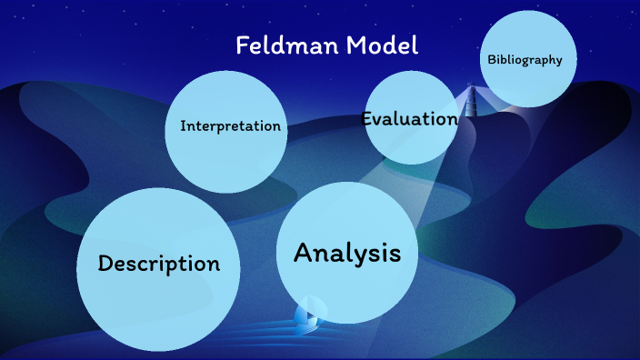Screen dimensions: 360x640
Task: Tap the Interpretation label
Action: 230,126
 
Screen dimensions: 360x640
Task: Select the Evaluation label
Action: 409,119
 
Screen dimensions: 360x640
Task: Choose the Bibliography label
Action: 525,60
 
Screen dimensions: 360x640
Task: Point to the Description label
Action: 159,264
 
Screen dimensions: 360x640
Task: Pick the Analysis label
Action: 346,253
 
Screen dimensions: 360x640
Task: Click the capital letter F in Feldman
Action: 243,45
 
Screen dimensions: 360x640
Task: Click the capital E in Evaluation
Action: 367,119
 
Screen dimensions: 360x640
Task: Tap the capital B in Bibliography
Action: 492,60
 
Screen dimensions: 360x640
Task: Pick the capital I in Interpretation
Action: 183,126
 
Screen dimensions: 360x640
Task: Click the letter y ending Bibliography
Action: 559,62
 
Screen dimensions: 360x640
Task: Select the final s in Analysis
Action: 395,255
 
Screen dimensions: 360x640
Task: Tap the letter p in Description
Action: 184,267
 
